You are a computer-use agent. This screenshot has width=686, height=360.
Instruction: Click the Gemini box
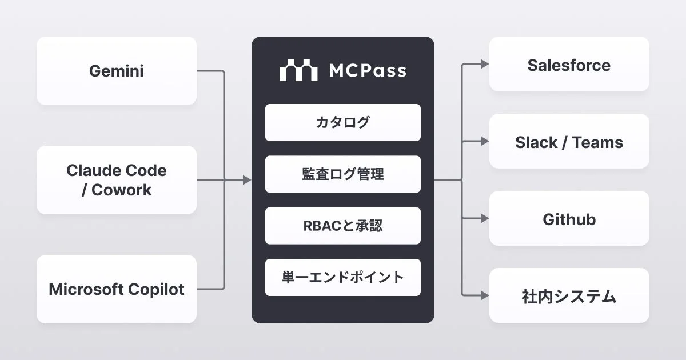point(117,71)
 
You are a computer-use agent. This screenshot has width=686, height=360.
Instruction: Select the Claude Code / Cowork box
point(117,180)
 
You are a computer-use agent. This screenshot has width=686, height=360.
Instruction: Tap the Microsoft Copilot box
point(117,289)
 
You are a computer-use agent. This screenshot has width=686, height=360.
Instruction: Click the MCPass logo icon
point(298,70)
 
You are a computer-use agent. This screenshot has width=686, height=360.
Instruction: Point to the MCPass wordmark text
point(368,71)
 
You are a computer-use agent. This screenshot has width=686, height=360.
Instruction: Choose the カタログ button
point(343,122)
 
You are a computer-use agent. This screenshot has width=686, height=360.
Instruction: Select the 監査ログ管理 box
point(343,174)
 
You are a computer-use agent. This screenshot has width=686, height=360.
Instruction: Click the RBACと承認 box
point(343,226)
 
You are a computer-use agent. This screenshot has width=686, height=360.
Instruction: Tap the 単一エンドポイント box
point(343,278)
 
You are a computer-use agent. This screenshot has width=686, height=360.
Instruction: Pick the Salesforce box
point(569,65)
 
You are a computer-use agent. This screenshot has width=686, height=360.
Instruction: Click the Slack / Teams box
point(569,142)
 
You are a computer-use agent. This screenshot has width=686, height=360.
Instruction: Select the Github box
point(569,219)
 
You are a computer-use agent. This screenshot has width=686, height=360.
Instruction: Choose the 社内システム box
point(569,296)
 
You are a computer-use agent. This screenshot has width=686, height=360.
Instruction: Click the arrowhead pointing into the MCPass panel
point(247,180)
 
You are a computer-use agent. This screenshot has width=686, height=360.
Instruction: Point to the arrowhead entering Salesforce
point(485,65)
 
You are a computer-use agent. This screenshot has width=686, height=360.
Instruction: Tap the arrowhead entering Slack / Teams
point(485,141)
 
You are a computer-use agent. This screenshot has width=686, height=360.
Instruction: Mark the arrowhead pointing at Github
point(485,218)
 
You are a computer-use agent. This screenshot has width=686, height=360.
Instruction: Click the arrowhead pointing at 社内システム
point(485,295)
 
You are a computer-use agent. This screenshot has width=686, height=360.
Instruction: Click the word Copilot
point(157,289)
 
